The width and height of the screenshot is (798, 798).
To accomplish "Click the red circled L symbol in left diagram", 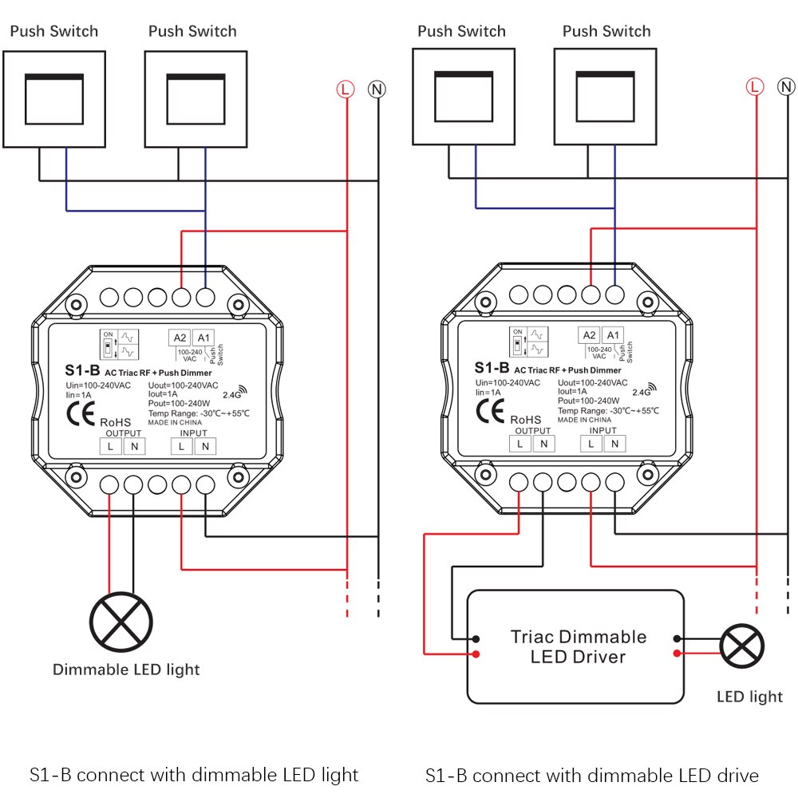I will (346, 89).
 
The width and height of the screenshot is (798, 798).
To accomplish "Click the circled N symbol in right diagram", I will (787, 86).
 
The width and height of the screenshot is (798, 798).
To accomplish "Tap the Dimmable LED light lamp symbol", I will (120, 622).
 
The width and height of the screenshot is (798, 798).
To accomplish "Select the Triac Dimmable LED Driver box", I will (575, 646).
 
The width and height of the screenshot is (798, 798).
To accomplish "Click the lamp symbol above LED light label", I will (742, 646).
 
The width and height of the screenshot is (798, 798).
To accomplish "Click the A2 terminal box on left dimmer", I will (180, 338).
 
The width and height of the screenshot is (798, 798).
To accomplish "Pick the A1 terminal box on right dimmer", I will (613, 336).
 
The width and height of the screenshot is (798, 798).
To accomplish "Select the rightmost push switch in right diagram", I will (606, 96).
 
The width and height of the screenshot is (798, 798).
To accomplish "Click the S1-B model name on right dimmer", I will (492, 368).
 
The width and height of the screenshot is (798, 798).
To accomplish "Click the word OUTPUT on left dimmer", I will (123, 432).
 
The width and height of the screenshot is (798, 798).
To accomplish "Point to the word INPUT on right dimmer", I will (602, 431).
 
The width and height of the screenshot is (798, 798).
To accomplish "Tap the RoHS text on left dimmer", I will (115, 421).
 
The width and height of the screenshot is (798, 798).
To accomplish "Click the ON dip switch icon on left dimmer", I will (107, 345).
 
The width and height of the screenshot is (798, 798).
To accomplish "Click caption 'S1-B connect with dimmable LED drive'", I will (591, 775).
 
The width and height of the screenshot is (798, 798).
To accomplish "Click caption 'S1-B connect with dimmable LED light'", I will (194, 775).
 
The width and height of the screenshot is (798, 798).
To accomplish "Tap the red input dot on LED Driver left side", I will (476, 654).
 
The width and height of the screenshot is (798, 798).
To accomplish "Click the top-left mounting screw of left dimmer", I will (76, 304).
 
